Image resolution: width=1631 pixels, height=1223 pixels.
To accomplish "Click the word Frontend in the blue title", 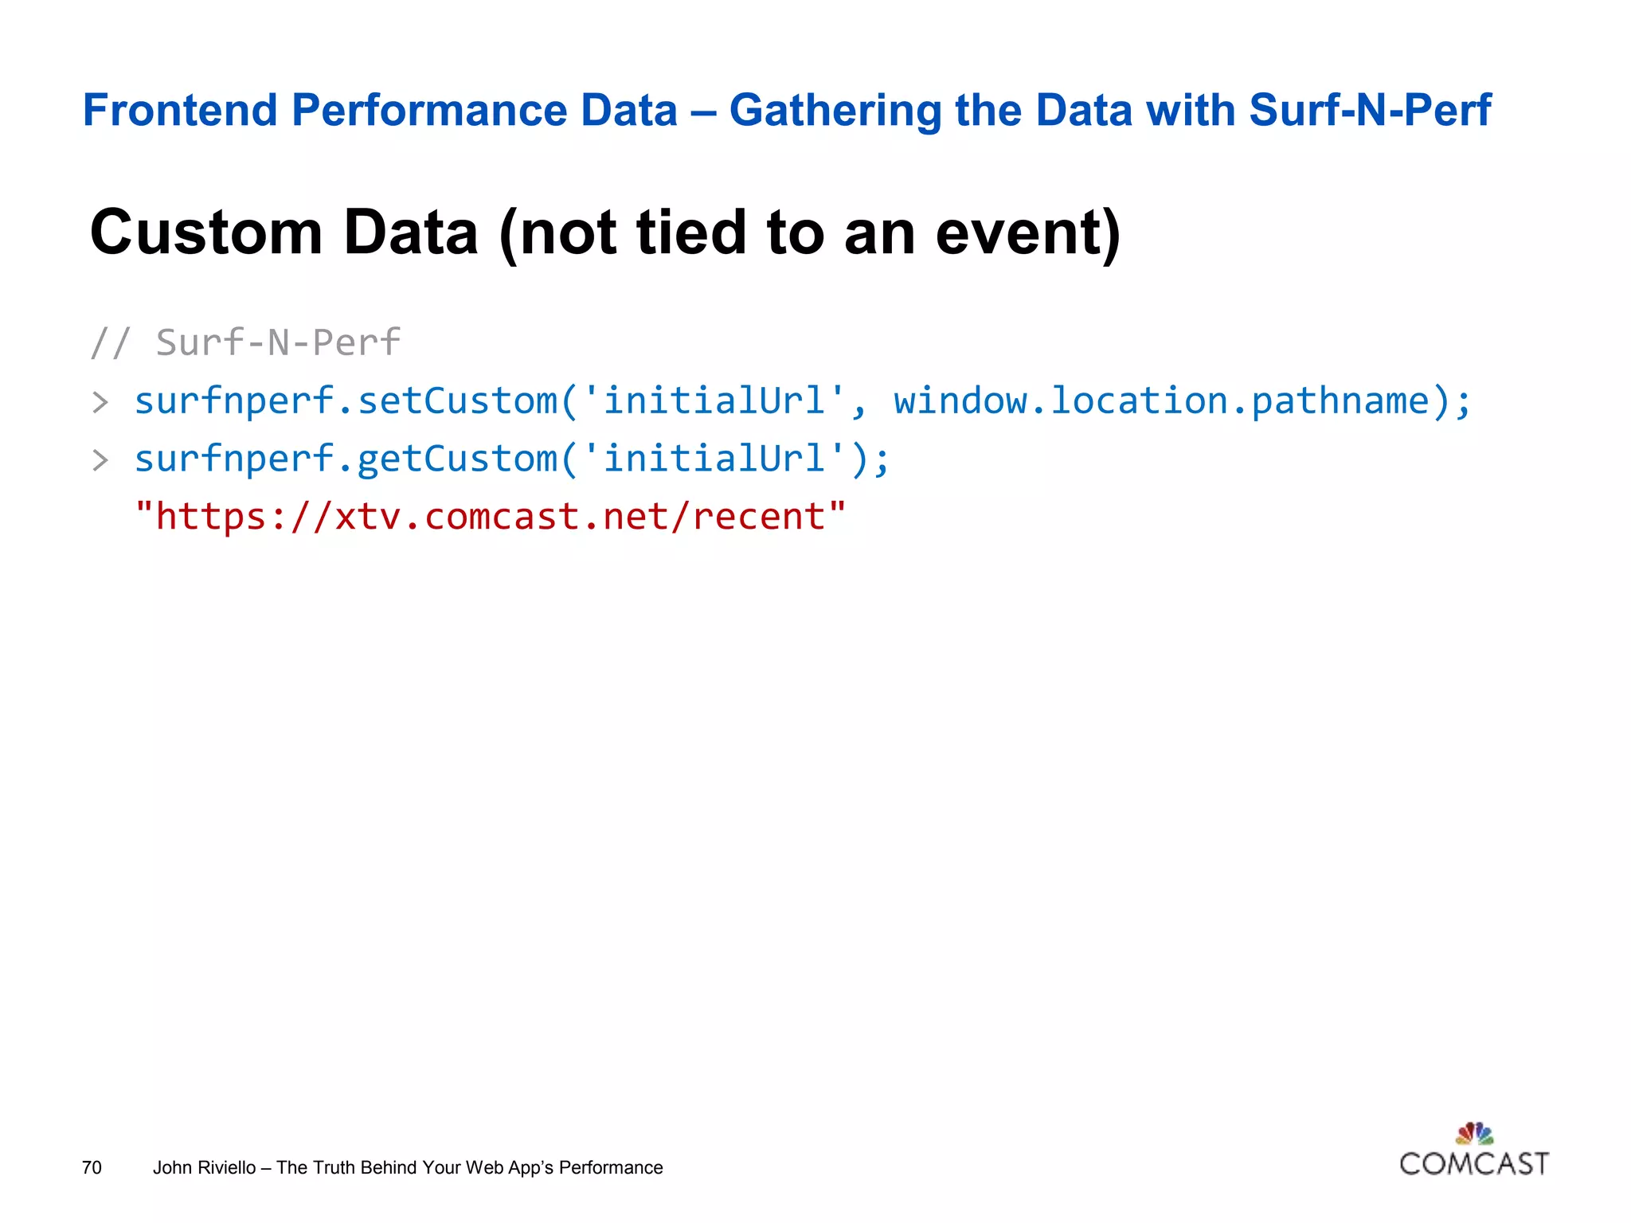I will [x=180, y=110].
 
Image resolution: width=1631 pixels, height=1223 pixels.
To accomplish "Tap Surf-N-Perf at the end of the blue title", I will [x=1369, y=110].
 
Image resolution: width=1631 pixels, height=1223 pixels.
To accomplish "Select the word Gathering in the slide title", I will [x=835, y=111].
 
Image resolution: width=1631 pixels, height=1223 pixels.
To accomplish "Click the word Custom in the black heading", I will [x=206, y=232].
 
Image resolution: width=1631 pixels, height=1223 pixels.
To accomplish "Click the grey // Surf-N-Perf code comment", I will [x=245, y=342].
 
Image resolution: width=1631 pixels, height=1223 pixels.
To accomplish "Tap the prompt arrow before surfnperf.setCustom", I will [x=100, y=402].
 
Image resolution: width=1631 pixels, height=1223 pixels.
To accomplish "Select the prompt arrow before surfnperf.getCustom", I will [x=100, y=460].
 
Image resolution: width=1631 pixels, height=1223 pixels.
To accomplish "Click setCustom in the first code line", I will [x=457, y=401].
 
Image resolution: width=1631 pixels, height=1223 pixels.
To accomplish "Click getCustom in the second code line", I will [x=457, y=459].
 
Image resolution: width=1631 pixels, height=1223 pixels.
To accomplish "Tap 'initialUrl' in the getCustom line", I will [x=714, y=459].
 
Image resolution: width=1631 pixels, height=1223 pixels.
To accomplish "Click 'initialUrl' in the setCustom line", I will [x=714, y=401].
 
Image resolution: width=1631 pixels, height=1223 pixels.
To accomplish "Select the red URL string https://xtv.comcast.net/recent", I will [x=491, y=517].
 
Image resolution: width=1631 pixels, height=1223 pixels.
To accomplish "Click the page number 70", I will [x=92, y=1167].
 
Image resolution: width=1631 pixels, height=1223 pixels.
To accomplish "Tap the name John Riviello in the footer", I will [x=204, y=1167].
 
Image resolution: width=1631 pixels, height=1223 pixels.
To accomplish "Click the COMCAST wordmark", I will [x=1474, y=1164].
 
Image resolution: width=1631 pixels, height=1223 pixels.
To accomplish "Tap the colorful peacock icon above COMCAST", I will [x=1474, y=1133].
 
